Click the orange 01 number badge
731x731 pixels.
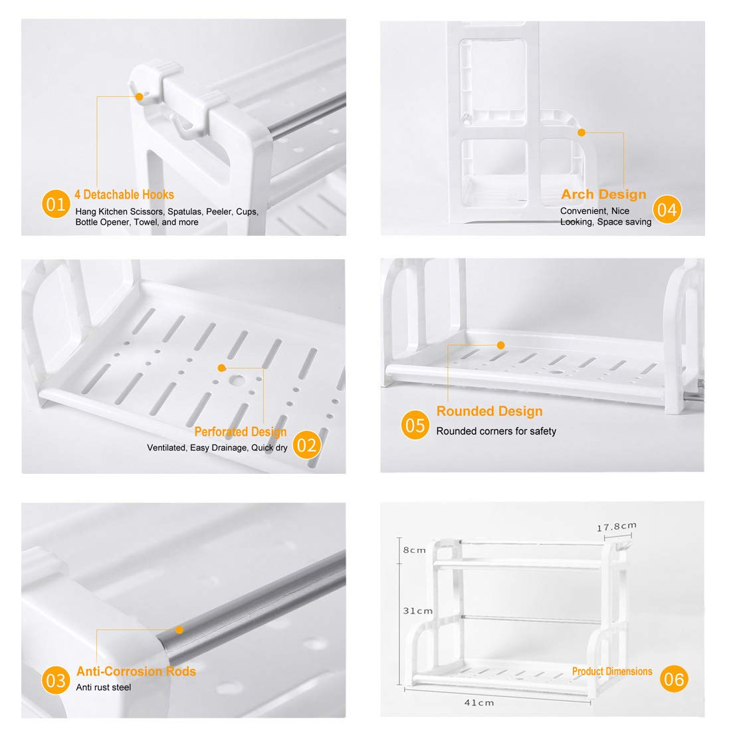coord(56,204)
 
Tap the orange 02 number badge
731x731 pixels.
coord(307,445)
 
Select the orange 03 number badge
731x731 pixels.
coord(56,680)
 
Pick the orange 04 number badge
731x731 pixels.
coord(667,209)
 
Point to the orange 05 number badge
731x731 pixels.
coord(415,425)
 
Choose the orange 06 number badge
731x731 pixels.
coord(674,679)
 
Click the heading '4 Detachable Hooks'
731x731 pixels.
coord(124,195)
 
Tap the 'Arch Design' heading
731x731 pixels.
coord(603,194)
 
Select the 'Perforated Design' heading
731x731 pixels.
coord(241,432)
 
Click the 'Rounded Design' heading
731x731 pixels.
coord(490,411)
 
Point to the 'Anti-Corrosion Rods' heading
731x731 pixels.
coord(136,671)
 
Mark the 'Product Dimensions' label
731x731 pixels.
coord(612,671)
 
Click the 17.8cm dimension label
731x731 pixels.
coord(617,526)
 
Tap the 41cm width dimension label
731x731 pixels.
coord(479,702)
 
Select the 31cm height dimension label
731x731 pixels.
coord(418,611)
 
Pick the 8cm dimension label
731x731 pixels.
coord(415,550)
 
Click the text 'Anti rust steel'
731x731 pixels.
coord(104,687)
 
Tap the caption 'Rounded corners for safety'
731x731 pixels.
coord(496,431)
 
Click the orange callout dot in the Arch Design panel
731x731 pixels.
coord(581,132)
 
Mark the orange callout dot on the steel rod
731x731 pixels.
coord(179,630)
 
